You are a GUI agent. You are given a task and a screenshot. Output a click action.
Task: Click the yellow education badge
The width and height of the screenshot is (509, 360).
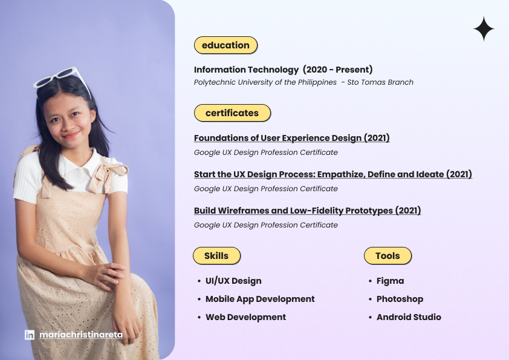(225, 45)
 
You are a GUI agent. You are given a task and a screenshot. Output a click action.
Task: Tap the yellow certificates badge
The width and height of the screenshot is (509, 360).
(232, 113)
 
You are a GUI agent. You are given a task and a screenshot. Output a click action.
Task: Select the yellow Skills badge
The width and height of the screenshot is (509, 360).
(216, 256)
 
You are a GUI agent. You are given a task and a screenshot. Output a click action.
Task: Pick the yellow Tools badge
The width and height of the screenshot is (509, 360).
(387, 256)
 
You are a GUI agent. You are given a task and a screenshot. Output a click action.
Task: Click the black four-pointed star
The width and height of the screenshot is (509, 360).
(484, 29)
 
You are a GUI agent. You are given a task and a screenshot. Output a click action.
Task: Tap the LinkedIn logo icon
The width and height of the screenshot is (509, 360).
(30, 335)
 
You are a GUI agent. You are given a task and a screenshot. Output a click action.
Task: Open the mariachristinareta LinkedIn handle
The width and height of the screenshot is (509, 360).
(81, 335)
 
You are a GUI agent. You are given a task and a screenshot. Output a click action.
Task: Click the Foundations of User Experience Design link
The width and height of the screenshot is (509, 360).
(291, 138)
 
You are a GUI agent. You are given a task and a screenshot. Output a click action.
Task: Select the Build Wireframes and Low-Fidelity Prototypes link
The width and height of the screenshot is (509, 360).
(308, 211)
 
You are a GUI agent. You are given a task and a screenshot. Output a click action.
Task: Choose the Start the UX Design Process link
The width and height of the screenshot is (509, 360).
(332, 174)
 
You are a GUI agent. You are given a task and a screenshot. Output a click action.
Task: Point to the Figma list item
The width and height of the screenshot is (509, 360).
(390, 281)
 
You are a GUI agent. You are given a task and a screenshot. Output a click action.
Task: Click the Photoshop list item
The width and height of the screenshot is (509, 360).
(400, 299)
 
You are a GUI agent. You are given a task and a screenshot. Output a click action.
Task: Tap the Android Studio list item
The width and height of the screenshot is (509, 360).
(409, 317)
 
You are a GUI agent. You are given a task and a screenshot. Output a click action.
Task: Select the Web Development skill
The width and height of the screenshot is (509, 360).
(246, 317)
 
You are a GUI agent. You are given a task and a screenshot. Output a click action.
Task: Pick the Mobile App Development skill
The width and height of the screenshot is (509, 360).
(260, 299)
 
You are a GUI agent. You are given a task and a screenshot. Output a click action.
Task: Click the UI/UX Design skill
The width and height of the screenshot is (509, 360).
(233, 281)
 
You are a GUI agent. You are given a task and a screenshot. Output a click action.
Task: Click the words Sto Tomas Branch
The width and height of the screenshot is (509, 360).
(380, 82)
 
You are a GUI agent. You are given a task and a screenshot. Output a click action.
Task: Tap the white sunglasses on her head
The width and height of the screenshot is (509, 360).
(62, 80)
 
